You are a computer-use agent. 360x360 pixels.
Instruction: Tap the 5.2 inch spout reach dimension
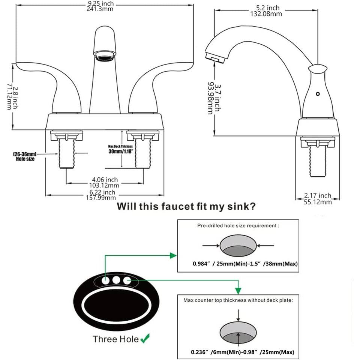click(265, 11)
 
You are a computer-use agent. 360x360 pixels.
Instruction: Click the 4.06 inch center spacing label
click(105, 183)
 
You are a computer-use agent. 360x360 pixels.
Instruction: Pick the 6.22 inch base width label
click(105, 195)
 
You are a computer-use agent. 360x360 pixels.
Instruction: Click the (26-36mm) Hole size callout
click(25, 156)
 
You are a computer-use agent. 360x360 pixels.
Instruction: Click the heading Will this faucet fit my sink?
click(186, 207)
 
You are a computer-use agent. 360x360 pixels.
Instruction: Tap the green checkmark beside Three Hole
click(144, 339)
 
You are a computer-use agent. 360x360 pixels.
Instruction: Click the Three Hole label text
click(115, 339)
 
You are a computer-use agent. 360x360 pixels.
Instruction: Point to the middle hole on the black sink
click(116, 280)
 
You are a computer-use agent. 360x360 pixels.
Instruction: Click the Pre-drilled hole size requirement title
click(238, 226)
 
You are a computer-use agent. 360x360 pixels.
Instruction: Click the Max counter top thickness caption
click(238, 300)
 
